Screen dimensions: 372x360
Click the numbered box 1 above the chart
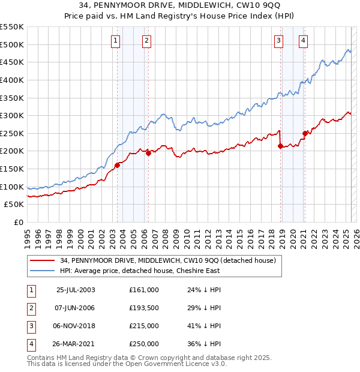115,41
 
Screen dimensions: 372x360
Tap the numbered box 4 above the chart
304,41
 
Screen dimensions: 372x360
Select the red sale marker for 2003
118,165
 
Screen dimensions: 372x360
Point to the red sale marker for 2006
148,154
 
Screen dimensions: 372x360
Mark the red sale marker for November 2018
280,146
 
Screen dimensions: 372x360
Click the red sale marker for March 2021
305,133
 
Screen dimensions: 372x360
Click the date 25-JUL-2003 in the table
76,290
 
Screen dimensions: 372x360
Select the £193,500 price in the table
144,308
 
